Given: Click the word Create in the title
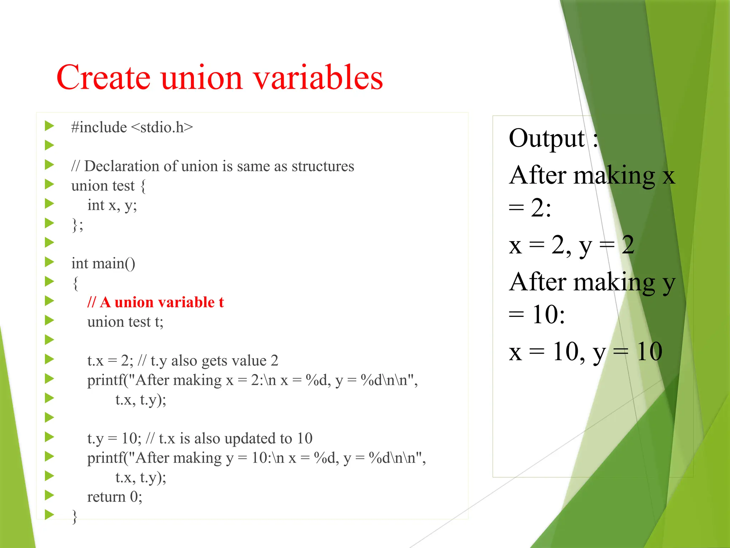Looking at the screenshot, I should (103, 77).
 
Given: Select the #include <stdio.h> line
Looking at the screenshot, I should (132, 127).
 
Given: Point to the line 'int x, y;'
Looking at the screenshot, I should (112, 205).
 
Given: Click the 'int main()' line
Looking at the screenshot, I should (103, 264).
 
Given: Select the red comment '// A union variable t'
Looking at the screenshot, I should (155, 302).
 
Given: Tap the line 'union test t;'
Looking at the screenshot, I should (125, 322).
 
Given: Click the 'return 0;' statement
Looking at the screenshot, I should (114, 497).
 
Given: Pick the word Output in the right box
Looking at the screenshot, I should (546, 138).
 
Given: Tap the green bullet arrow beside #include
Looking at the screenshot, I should (49, 126).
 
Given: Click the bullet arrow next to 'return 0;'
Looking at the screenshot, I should (49, 495).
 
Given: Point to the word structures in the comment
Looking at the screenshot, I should (323, 166).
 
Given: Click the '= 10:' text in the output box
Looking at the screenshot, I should (537, 315).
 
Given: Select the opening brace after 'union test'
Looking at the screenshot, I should (143, 186).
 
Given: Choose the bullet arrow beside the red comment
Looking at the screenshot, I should (49, 301).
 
